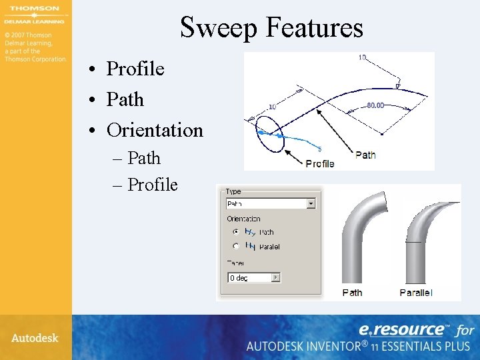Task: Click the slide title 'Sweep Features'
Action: pyautogui.click(x=271, y=27)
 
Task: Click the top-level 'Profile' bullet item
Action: pyautogui.click(x=135, y=69)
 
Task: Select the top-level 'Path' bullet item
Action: pyautogui.click(x=125, y=99)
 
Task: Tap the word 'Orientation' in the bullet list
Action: pyautogui.click(x=155, y=130)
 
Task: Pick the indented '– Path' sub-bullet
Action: pyautogui.click(x=144, y=158)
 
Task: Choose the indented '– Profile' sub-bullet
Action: pyautogui.click(x=153, y=185)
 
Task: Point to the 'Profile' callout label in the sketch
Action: pyautogui.click(x=319, y=163)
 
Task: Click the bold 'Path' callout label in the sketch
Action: pyautogui.click(x=365, y=155)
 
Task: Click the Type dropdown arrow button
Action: pyautogui.click(x=311, y=204)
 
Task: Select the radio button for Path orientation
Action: pyautogui.click(x=235, y=232)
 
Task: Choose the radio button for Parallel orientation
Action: pyautogui.click(x=235, y=246)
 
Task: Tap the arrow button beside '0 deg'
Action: pyautogui.click(x=276, y=277)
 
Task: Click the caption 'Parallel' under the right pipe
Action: pyautogui.click(x=416, y=293)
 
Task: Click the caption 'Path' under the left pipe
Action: pyautogui.click(x=352, y=293)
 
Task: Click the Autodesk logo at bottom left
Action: pyautogui.click(x=35, y=338)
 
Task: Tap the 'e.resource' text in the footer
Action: pyautogui.click(x=402, y=329)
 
